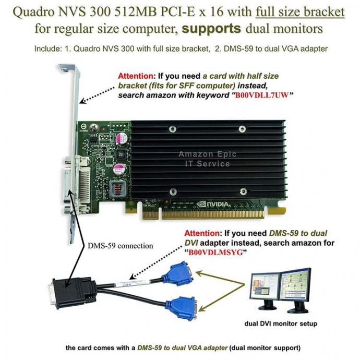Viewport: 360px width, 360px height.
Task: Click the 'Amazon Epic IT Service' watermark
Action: (x=204, y=159)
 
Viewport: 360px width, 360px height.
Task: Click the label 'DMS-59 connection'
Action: (x=120, y=245)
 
